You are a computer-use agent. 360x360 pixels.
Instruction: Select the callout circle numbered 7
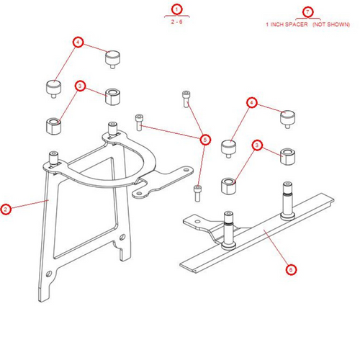tap(308, 12)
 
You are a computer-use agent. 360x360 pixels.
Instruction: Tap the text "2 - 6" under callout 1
tap(176, 24)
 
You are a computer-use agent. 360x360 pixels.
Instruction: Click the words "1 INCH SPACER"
tap(287, 24)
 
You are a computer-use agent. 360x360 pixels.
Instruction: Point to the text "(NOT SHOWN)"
tap(331, 24)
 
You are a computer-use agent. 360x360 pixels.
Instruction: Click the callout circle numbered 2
tap(6, 210)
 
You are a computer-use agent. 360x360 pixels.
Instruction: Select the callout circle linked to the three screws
tap(205, 139)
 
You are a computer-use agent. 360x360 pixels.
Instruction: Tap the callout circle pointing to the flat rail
tap(291, 270)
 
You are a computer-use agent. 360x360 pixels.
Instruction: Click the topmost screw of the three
tap(186, 97)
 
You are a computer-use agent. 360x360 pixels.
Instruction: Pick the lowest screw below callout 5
tap(197, 192)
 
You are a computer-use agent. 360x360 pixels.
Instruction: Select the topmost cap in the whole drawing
tap(112, 58)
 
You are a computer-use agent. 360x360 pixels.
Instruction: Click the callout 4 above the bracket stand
tap(79, 42)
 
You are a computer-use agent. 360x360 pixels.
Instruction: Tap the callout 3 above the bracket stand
tap(81, 86)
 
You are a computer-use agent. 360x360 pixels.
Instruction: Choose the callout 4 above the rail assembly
tap(252, 103)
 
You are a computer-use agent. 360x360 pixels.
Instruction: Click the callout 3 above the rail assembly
tap(257, 146)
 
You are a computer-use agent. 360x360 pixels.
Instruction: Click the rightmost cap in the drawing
tap(287, 117)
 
